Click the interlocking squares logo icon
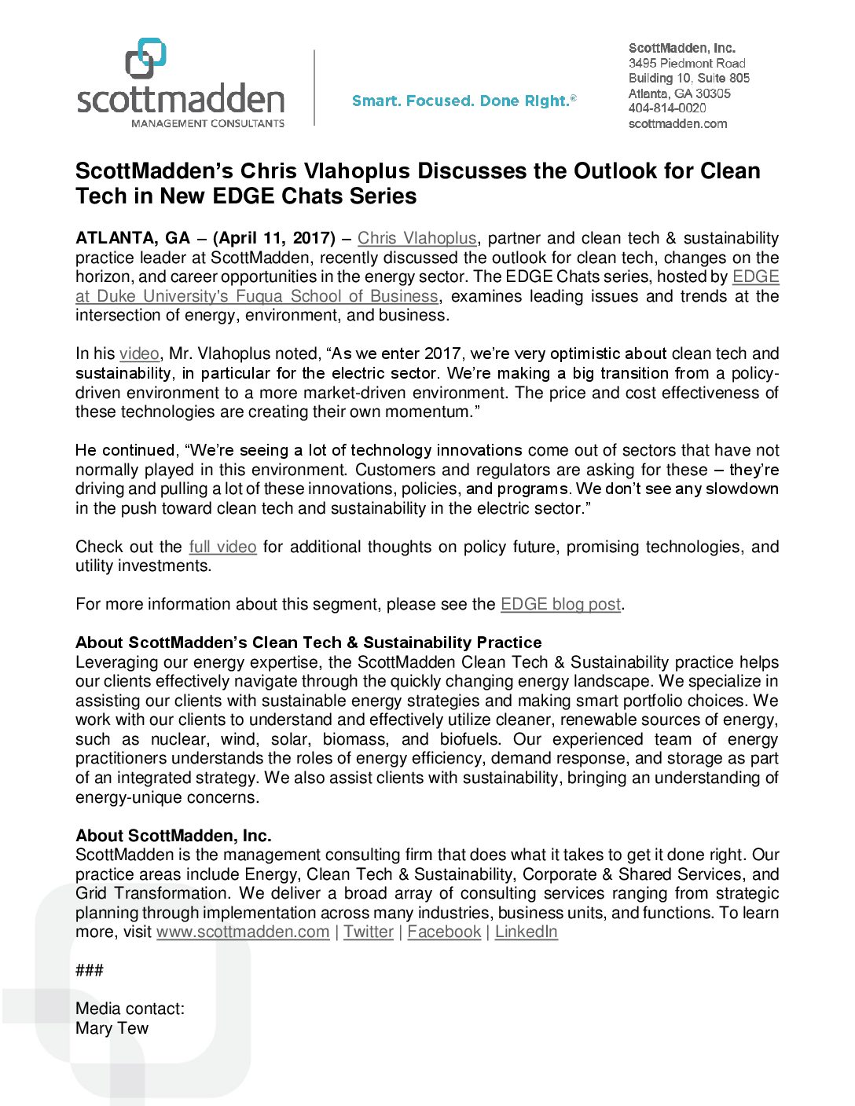pos(146,58)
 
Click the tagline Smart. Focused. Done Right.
pos(464,101)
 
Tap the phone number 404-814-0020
pos(667,108)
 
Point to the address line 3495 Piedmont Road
pos(687,63)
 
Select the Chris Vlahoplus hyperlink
pos(416,238)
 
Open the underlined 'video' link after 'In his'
pos(139,353)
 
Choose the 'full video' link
pos(222,547)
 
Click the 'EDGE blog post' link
pos(560,604)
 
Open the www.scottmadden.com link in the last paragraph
pos(243,932)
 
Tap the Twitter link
pos(368,932)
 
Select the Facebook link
pos(444,932)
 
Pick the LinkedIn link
pos(526,932)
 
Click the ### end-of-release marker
pos(90,970)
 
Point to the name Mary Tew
pos(112,1028)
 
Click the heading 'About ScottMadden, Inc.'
pos(174,836)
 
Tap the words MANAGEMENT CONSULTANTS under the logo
pos(207,123)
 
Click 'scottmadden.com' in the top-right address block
pos(677,123)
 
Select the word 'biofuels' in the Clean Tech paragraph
pos(470,739)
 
